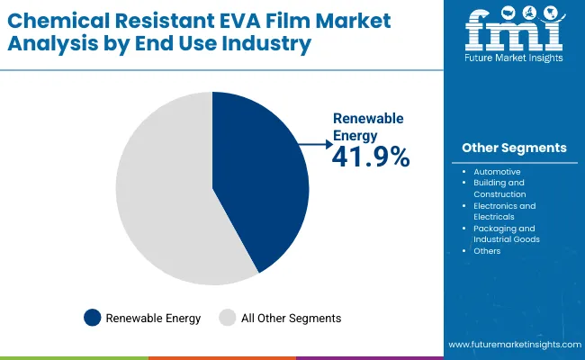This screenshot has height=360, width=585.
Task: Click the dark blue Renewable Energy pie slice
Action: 261,180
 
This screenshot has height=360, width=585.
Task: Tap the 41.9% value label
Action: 371,157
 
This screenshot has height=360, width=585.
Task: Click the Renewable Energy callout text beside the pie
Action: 367,126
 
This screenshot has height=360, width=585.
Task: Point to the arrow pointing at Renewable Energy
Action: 313,143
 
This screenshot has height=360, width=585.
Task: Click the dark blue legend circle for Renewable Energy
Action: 93,317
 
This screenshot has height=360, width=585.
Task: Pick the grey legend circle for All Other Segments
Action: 229,317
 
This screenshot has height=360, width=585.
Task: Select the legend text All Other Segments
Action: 292,318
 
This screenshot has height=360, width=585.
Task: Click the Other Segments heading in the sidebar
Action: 514,148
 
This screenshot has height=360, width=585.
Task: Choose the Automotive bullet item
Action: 497,171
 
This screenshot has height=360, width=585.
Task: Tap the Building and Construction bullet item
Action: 500,188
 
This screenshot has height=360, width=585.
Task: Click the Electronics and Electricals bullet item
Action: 504,211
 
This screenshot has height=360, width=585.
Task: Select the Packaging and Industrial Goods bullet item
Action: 507,234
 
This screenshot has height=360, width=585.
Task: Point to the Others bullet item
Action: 487,251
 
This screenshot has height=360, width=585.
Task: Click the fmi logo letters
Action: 514,34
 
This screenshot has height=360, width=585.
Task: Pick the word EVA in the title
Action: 221,20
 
